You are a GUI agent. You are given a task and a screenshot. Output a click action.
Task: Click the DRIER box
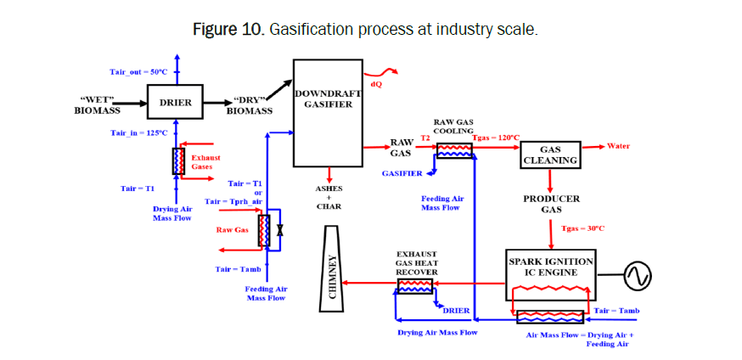pyautogui.click(x=176, y=104)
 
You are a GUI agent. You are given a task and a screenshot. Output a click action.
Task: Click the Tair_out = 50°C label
pyautogui.click(x=138, y=72)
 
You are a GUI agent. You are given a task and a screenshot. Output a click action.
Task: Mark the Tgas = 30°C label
pyautogui.click(x=583, y=228)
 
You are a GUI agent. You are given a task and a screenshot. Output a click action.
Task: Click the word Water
pyautogui.click(x=618, y=146)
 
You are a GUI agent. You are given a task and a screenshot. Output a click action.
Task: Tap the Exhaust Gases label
pyautogui.click(x=205, y=162)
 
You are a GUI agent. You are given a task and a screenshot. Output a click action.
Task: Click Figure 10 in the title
pyautogui.click(x=228, y=30)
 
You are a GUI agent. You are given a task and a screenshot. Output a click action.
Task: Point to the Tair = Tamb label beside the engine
pyautogui.click(x=616, y=311)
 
